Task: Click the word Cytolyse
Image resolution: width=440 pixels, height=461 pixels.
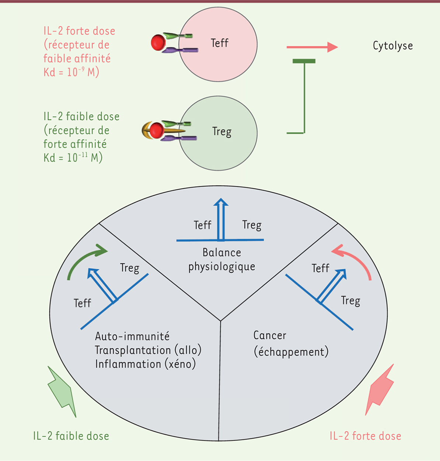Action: click(392, 46)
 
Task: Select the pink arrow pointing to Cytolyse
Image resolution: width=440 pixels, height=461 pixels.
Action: click(312, 47)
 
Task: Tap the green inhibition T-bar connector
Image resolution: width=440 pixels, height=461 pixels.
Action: click(304, 96)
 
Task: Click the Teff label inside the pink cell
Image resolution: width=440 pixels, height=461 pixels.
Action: click(220, 43)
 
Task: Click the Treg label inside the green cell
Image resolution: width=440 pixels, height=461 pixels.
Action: click(222, 132)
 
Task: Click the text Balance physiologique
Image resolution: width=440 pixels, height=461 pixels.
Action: click(222, 260)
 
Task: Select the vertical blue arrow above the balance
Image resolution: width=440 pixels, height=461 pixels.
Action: click(221, 219)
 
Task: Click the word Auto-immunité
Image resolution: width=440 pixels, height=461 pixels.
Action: click(132, 336)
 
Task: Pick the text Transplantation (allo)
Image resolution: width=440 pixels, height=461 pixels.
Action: click(148, 350)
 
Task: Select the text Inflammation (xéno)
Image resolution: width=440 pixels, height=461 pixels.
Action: click(145, 364)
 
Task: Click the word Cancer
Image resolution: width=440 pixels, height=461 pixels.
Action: click(270, 335)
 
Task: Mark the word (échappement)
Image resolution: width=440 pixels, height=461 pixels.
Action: click(291, 352)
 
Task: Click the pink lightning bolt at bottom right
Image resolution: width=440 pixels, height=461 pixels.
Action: click(380, 389)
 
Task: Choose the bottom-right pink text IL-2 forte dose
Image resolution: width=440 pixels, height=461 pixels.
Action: click(365, 436)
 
